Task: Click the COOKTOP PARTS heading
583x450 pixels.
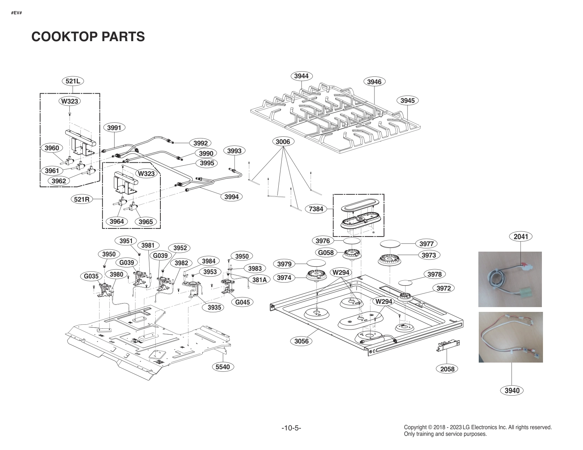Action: [88, 37]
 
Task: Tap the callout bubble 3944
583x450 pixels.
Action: [301, 76]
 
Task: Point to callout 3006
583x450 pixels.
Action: [283, 141]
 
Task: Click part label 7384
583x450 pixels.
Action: [316, 209]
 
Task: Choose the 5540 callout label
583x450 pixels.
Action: [223, 367]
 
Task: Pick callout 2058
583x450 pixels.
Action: [447, 369]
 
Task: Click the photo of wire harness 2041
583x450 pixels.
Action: [510, 279]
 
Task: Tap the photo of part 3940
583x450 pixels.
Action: [510, 337]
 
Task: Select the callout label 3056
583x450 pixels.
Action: [301, 341]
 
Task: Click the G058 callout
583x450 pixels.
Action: [326, 252]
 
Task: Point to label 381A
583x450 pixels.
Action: [260, 280]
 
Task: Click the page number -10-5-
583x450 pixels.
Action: [291, 428]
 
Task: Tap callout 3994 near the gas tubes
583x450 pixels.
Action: [231, 197]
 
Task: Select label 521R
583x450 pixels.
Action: [82, 199]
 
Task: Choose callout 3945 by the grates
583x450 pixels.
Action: [408, 100]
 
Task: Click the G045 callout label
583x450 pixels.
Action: [242, 302]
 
